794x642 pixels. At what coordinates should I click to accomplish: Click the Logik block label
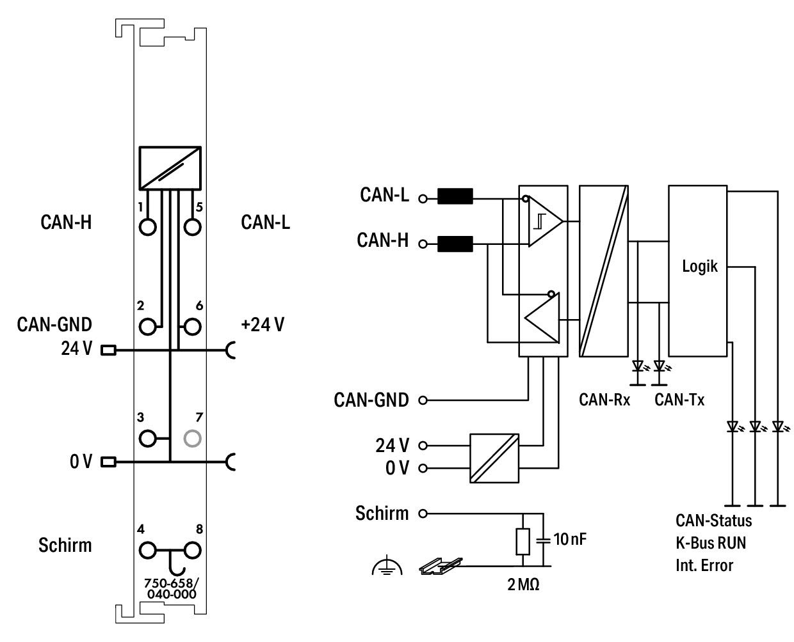tap(699, 267)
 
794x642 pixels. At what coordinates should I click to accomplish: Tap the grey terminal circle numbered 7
tap(192, 439)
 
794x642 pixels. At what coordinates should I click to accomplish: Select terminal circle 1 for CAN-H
tap(148, 226)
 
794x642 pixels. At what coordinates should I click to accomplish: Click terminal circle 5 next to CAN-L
tap(192, 226)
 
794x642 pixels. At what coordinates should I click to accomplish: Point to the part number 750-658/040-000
tap(171, 588)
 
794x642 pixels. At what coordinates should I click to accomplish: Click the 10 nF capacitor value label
tap(570, 539)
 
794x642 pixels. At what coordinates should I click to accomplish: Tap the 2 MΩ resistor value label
tap(523, 584)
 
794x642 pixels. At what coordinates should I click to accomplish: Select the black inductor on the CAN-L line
tap(455, 196)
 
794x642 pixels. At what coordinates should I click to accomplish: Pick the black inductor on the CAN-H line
tap(455, 244)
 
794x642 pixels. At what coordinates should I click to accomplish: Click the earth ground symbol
tap(387, 566)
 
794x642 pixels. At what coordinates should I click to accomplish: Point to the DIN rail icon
tap(441, 566)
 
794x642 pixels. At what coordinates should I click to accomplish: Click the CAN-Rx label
tap(604, 400)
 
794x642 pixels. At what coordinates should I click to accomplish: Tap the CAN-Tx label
tap(679, 400)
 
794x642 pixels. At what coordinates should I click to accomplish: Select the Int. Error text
tap(704, 565)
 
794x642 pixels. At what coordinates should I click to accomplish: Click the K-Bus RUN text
tap(711, 543)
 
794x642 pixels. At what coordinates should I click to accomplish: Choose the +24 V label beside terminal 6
tap(263, 325)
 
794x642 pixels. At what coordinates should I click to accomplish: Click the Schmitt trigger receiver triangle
tap(546, 221)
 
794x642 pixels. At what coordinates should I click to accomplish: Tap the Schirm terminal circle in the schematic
tap(423, 513)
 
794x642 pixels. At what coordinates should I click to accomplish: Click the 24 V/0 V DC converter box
tap(494, 458)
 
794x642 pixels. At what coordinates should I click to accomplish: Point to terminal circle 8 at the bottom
tap(192, 550)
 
